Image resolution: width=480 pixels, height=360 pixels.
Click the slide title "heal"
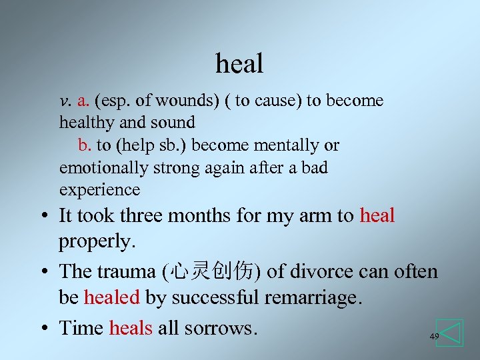(239, 64)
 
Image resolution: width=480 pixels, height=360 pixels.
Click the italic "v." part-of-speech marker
(65, 101)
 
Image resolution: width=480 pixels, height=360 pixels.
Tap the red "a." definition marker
(83, 101)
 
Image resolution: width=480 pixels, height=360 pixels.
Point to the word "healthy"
(87, 123)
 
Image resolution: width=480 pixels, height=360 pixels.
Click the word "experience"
(99, 190)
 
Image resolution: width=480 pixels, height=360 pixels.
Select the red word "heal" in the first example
(377, 215)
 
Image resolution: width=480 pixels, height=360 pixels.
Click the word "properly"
(97, 241)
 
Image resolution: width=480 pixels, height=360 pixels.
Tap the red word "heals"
(131, 327)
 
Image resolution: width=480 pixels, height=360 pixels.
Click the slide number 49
(434, 337)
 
